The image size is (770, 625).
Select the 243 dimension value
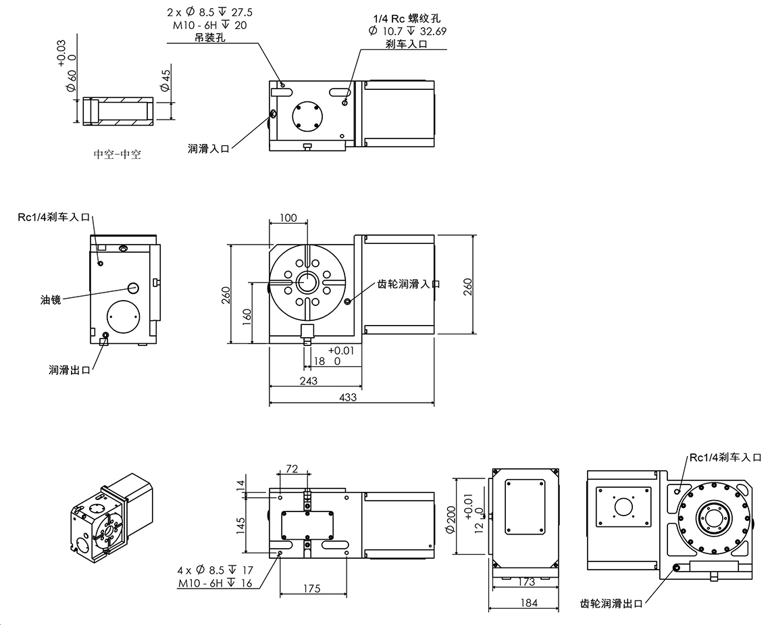click(308, 381)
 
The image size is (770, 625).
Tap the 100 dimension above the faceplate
click(288, 218)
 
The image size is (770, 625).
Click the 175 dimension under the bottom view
click(312, 589)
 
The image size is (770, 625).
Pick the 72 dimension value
click(292, 468)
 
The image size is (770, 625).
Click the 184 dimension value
click(530, 603)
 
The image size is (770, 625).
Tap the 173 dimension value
click(527, 582)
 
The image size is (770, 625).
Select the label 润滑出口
click(69, 370)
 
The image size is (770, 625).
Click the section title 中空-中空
click(117, 154)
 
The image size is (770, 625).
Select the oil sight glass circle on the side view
click(132, 287)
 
